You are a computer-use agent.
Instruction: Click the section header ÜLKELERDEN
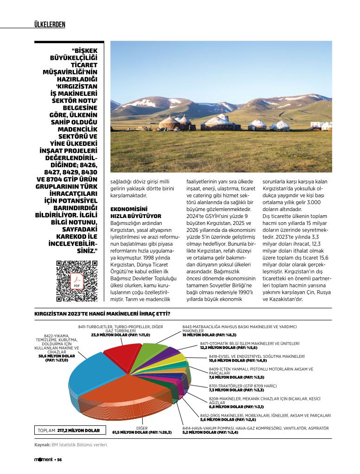pyautogui.click(x=50, y=24)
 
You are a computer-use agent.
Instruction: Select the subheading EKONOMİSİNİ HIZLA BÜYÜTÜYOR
pyautogui.click(x=135, y=212)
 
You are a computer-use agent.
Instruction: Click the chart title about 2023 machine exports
pyautogui.click(x=102, y=314)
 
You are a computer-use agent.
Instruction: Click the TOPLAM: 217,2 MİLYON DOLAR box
pyautogui.click(x=69, y=430)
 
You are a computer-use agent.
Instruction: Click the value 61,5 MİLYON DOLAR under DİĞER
pyautogui.click(x=142, y=432)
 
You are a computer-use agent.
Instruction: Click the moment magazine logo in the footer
pyautogui.click(x=44, y=460)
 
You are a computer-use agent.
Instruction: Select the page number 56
pyautogui.click(x=59, y=460)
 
